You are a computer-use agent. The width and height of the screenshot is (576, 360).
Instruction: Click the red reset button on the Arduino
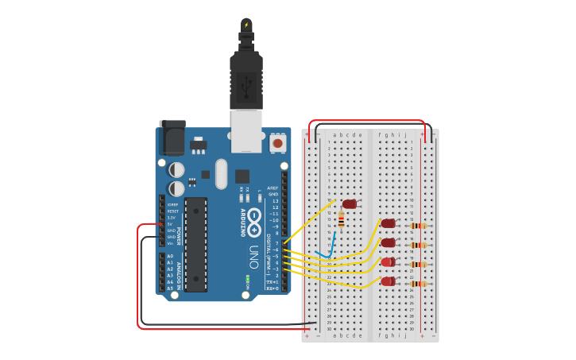[x=278, y=144]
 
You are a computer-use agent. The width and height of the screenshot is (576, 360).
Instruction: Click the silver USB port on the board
[x=246, y=130]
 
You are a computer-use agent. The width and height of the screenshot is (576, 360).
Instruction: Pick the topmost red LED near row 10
[x=350, y=204]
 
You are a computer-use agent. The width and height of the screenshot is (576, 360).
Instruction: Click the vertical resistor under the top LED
[x=342, y=219]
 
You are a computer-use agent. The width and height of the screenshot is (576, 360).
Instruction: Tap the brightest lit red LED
[x=388, y=262]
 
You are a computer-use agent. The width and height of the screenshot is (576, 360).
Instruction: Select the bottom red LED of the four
[x=388, y=281]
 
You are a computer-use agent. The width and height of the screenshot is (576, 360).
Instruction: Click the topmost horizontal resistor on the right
[x=419, y=226]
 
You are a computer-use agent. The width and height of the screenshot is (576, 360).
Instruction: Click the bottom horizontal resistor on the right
[x=419, y=284]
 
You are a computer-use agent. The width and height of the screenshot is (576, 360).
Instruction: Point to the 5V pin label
[x=170, y=224]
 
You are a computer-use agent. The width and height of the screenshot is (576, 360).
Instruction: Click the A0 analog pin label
[x=170, y=256]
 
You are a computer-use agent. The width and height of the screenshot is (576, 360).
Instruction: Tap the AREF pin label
[x=273, y=188]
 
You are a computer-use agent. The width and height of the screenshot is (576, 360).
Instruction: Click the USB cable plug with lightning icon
[x=246, y=28]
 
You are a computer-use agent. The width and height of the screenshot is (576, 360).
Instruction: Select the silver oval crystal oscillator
[x=221, y=173]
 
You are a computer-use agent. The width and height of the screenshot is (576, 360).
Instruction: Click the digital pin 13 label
[x=275, y=201]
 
